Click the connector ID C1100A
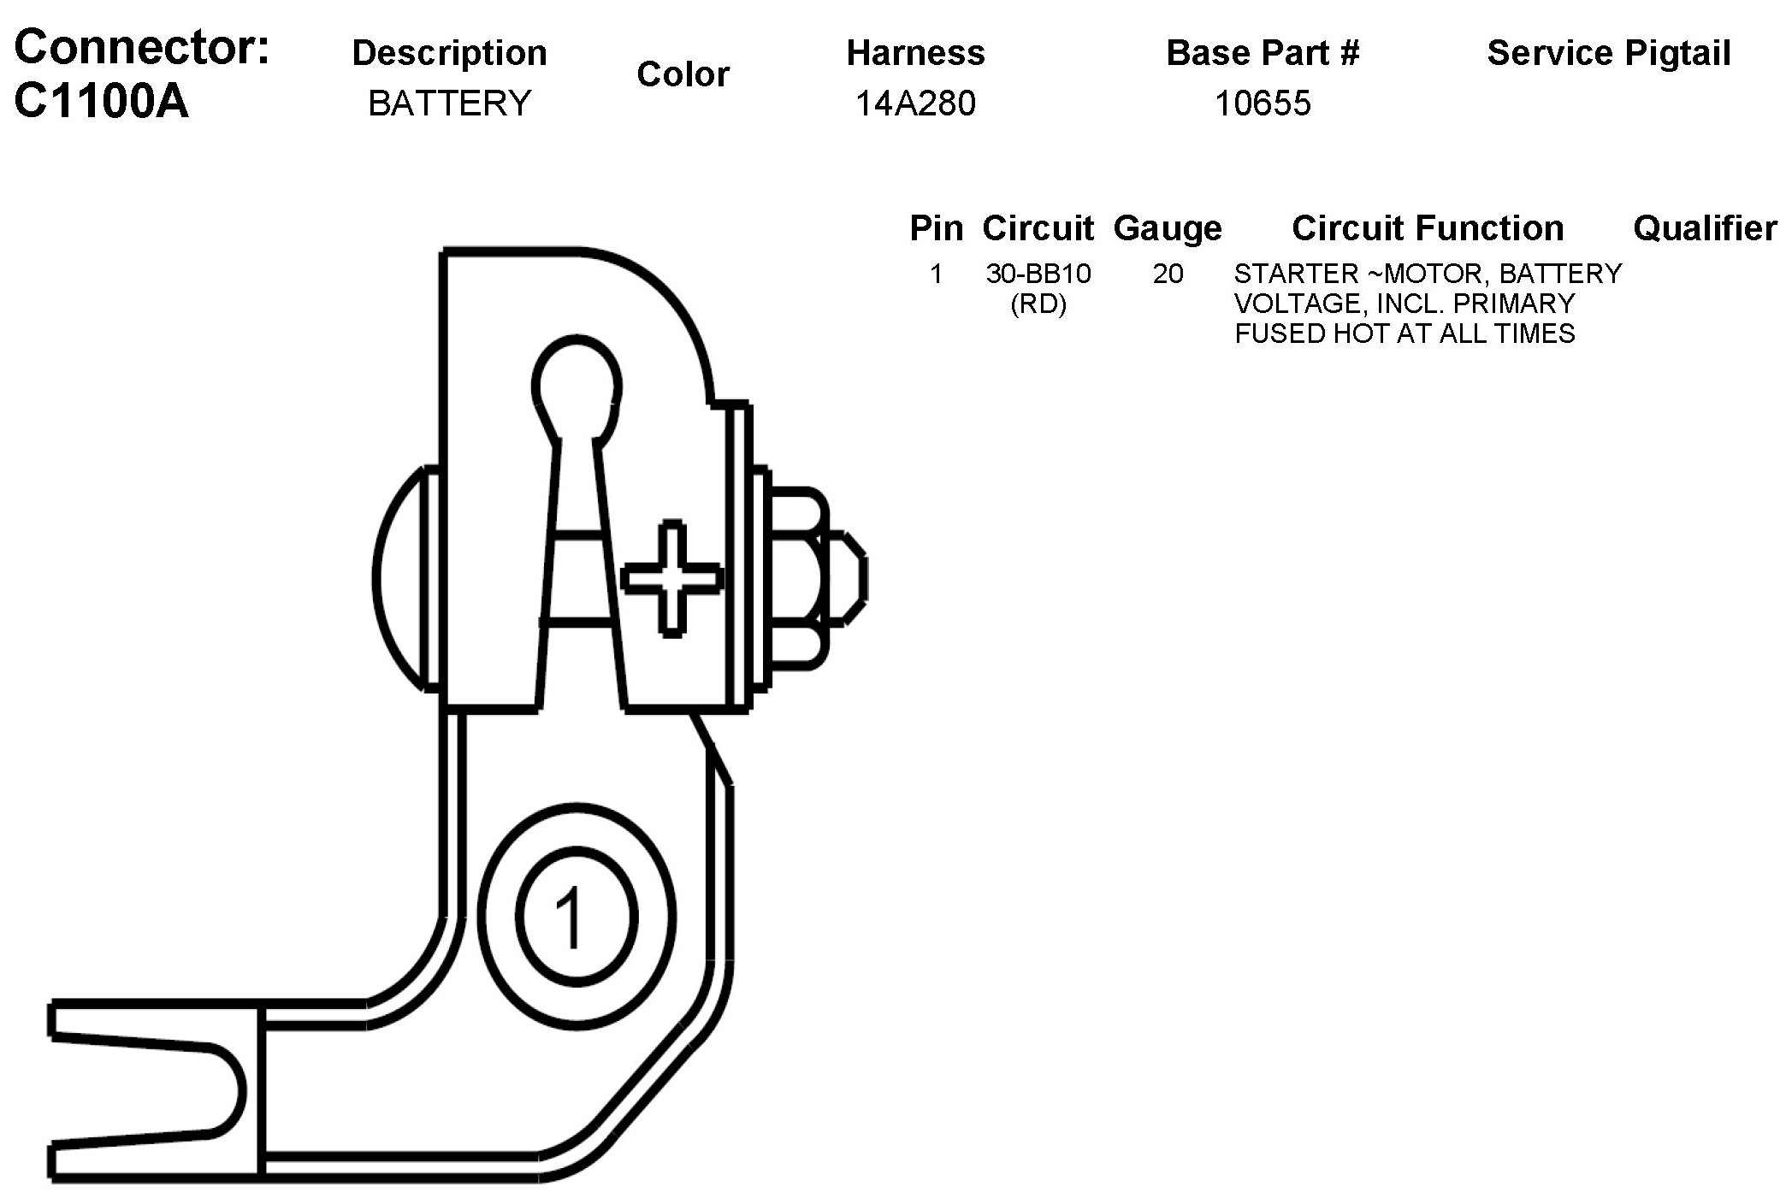coord(101,102)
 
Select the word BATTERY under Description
coord(449,103)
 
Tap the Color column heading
coord(683,74)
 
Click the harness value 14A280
coord(915,103)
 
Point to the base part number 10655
coord(1263,103)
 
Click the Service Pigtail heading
coord(1608,53)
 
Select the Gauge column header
coord(1168,228)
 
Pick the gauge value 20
coord(1168,274)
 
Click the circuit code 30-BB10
coord(1038,274)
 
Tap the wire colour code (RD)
coord(1038,304)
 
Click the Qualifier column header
coord(1704,228)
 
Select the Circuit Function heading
coord(1428,228)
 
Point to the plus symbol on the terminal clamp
coord(672,578)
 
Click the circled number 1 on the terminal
coord(575,917)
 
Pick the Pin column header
coord(936,228)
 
